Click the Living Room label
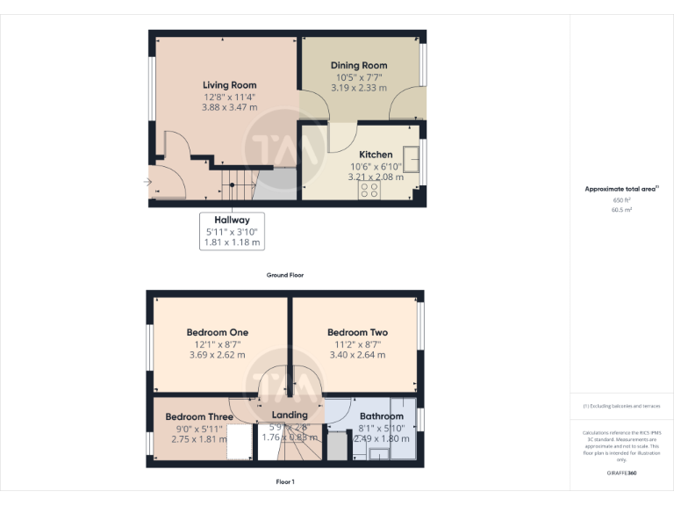(x=229, y=85)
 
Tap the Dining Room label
(x=359, y=66)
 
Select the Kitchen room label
(x=376, y=155)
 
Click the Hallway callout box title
(x=232, y=220)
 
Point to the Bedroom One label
(x=217, y=332)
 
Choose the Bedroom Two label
(x=357, y=332)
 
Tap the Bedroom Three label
(x=199, y=416)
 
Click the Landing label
(x=290, y=415)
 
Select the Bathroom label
(x=382, y=416)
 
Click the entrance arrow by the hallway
(x=147, y=183)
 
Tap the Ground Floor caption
(x=285, y=275)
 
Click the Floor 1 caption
(x=285, y=481)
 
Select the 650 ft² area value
(x=620, y=200)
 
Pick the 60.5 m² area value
(x=620, y=211)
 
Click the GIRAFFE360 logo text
(x=620, y=474)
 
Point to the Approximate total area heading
(x=620, y=189)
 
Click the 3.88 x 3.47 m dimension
(x=229, y=107)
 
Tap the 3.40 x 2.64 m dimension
(x=357, y=356)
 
